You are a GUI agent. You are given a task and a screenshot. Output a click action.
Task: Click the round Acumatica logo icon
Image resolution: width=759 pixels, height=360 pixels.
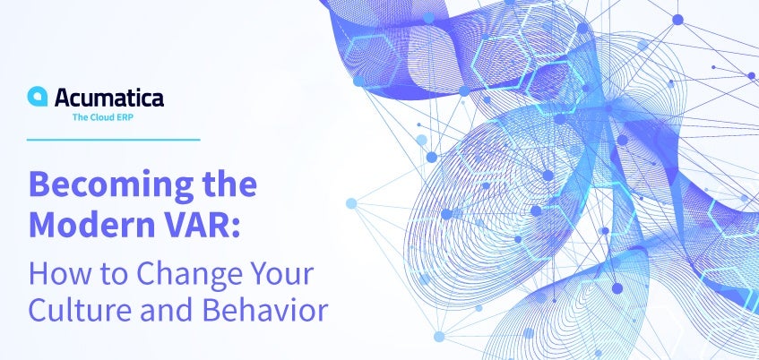(x=38, y=97)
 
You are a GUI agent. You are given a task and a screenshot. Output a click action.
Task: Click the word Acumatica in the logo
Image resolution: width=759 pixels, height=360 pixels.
(x=109, y=98)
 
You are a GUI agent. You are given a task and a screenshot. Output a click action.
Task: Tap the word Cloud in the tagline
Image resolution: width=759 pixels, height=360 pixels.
(x=100, y=117)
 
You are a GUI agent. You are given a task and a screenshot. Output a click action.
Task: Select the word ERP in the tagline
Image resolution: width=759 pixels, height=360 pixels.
(x=124, y=117)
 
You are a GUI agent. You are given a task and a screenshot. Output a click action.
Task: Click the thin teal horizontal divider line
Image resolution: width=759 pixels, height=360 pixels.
(x=113, y=140)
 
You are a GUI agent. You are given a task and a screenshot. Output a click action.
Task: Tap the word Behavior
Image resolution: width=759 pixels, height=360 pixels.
(x=265, y=311)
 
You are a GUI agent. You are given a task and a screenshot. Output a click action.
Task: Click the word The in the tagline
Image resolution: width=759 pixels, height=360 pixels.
(x=80, y=117)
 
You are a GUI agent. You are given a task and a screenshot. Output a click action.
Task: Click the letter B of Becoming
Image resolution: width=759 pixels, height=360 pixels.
(x=39, y=184)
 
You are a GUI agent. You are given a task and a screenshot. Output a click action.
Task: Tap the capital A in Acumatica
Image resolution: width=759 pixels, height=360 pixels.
(x=63, y=98)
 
